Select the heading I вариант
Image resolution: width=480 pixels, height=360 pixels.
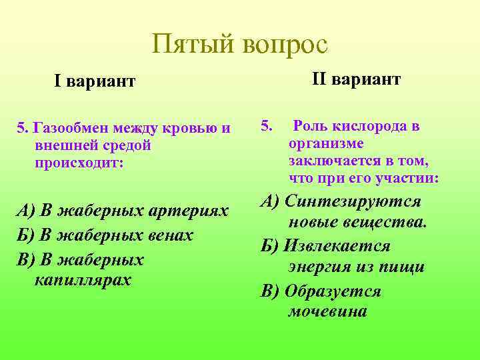click(95, 81)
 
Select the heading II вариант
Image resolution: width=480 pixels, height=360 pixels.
click(356, 80)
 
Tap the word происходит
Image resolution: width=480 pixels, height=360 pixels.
click(77, 163)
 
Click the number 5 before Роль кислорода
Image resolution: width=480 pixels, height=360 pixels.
click(267, 125)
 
